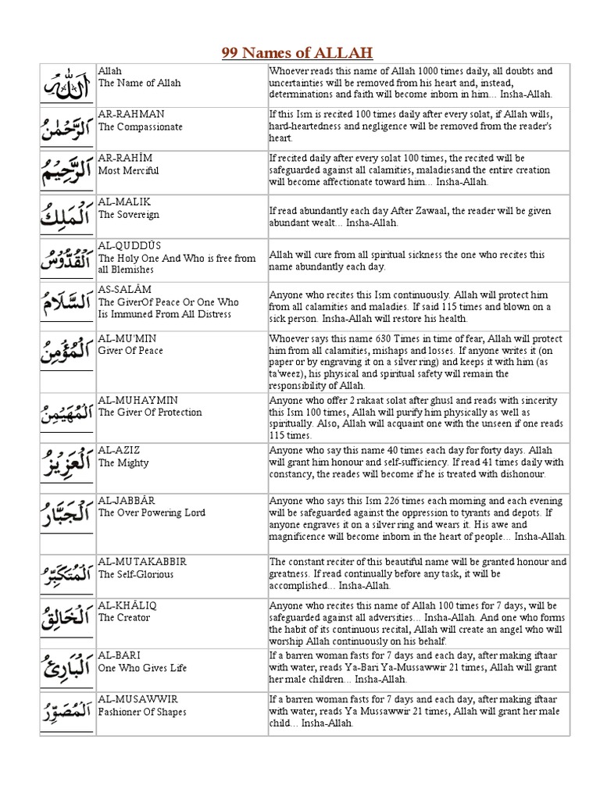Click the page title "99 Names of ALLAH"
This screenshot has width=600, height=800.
pos(297,53)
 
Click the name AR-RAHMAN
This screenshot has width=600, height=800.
pos(130,114)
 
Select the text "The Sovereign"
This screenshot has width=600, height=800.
pos(129,214)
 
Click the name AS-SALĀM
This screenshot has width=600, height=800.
pos(126,289)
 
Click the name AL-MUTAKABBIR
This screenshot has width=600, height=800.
pos(142,561)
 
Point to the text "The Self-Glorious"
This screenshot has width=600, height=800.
pos(136,573)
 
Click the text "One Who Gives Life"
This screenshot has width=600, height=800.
pos(143,667)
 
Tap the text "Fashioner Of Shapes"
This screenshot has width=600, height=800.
pos(142,711)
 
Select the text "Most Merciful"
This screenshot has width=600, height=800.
pos(129,170)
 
